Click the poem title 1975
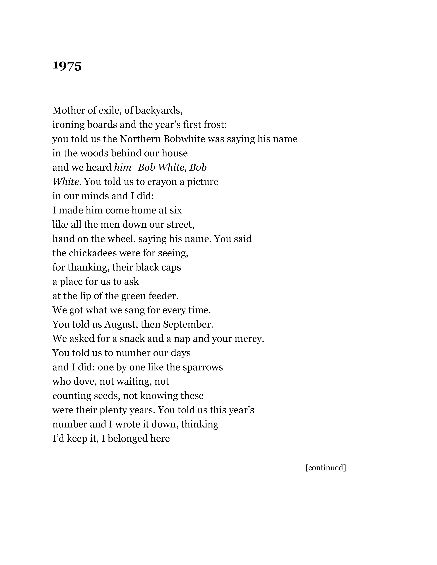[x=67, y=66]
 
